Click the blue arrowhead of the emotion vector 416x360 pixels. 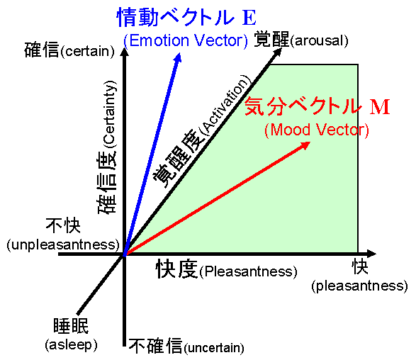click(x=178, y=58)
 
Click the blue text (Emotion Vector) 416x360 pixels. click(x=186, y=41)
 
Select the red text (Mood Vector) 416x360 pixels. click(x=317, y=130)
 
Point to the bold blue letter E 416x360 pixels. click(x=249, y=18)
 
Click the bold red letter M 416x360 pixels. click(x=380, y=106)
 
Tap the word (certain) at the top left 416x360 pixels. click(x=88, y=51)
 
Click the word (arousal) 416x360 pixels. click(x=319, y=41)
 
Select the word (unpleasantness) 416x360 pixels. click(x=63, y=244)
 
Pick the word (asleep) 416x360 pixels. click(x=71, y=345)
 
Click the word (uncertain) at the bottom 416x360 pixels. click(x=213, y=348)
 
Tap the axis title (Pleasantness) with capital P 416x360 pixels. click(x=248, y=271)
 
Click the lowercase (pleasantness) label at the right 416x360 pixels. click(x=359, y=286)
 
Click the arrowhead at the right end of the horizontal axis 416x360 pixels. click(x=371, y=254)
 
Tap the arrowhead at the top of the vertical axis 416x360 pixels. click(x=124, y=52)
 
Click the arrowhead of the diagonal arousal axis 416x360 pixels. click(x=278, y=52)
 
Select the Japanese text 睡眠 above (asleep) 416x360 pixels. click(x=71, y=325)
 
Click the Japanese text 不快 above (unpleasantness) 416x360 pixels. click(x=63, y=225)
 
